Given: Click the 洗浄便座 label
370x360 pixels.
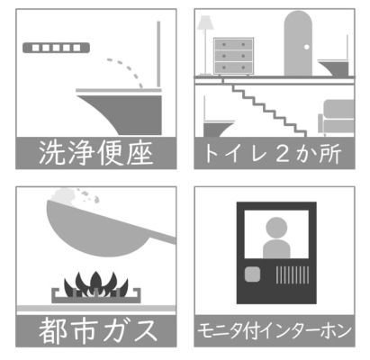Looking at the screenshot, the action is click(95, 153).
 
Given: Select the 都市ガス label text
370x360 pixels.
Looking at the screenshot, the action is click(98, 330).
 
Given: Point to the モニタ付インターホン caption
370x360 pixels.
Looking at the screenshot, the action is click(275, 330).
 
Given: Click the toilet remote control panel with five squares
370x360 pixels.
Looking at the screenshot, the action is click(56, 48).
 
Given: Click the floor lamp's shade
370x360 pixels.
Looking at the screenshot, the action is click(205, 22).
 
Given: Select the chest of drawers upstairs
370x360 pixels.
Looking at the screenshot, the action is click(234, 56).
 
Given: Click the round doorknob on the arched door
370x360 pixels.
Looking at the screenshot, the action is click(306, 47).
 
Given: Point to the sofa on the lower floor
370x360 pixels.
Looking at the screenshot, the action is click(336, 117).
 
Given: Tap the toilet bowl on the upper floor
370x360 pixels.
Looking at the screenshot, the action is click(334, 67).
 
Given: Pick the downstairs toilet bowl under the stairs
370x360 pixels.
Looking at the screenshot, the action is click(217, 129).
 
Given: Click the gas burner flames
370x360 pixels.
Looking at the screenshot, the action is click(95, 284).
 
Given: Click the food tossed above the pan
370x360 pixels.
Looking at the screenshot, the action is click(75, 195).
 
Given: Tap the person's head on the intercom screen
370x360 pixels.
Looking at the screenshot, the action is click(276, 228).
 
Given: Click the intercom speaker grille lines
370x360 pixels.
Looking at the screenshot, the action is click(293, 274).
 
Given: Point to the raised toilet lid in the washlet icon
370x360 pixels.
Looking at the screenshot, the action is click(158, 54).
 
